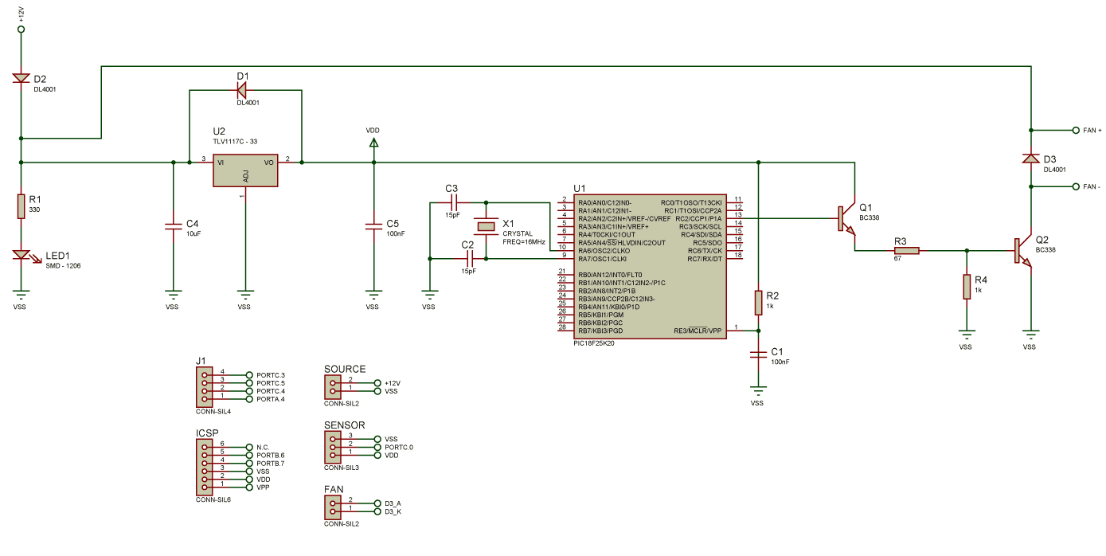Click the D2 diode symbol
pyautogui.click(x=21, y=78)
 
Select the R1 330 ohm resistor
pyautogui.click(x=21, y=206)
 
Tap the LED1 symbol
pyautogui.click(x=21, y=255)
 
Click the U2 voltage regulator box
pyautogui.click(x=245, y=170)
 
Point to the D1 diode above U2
pyautogui.click(x=242, y=90)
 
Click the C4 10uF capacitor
pyautogui.click(x=174, y=226)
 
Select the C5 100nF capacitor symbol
pyautogui.click(x=373, y=226)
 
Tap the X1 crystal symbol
pyautogui.click(x=486, y=226)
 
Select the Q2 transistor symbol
pyautogui.click(x=1023, y=250)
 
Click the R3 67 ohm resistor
pyautogui.click(x=906, y=251)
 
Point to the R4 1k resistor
pyautogui.click(x=967, y=287)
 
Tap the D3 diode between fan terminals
pyautogui.click(x=1031, y=158)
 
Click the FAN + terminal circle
pyautogui.click(x=1076, y=131)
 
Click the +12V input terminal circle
pyautogui.click(x=21, y=29)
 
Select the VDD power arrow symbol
pyautogui.click(x=373, y=143)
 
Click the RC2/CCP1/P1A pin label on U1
pyautogui.click(x=698, y=219)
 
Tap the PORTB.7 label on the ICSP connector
pyautogui.click(x=270, y=463)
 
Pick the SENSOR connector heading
pyautogui.click(x=344, y=425)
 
